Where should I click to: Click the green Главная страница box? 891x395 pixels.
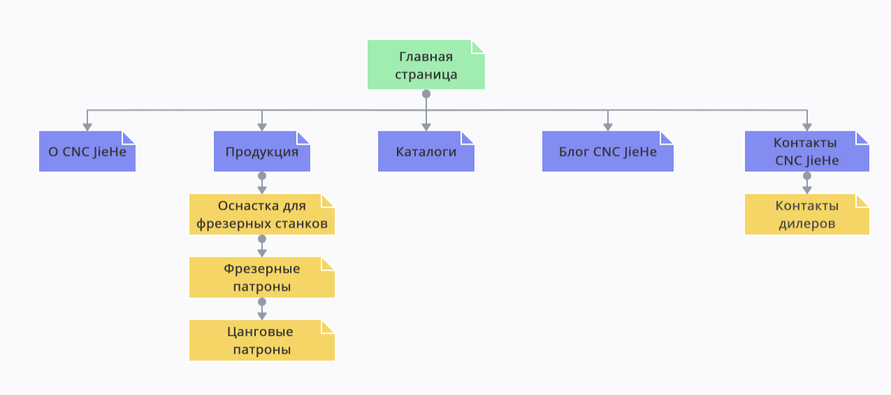[x=426, y=65]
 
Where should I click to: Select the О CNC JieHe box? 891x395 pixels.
[x=87, y=151]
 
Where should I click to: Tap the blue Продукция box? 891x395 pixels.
[x=262, y=151]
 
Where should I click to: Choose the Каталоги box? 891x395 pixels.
[x=426, y=151]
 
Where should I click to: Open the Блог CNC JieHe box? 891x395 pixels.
[x=608, y=151]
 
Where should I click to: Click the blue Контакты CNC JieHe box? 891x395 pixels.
[x=806, y=151]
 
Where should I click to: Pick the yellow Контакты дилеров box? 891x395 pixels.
[x=806, y=215]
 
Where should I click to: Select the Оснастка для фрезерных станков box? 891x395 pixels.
[x=262, y=215]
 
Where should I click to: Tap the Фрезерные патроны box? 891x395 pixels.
[x=262, y=278]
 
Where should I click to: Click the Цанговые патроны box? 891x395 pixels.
[x=262, y=340]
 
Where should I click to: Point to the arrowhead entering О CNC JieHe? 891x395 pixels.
[x=87, y=127]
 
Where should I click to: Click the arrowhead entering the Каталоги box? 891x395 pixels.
[x=426, y=127]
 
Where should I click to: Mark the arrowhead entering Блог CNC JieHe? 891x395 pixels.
[x=608, y=127]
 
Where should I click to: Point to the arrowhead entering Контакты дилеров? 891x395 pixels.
[x=807, y=189]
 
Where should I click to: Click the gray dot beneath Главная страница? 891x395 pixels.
[x=426, y=94]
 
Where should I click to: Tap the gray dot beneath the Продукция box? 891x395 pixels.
[x=262, y=175]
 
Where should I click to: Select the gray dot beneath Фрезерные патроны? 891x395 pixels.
[x=262, y=302]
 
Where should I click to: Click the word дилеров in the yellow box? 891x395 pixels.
[x=806, y=224]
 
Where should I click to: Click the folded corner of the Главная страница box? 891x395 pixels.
[x=478, y=47]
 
